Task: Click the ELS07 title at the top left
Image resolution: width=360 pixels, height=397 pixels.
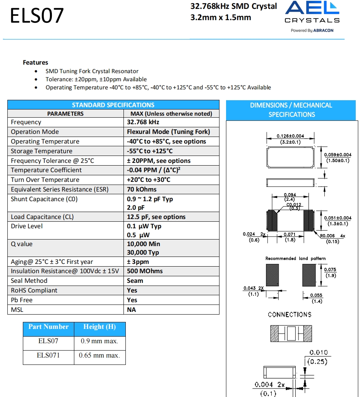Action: click(37, 16)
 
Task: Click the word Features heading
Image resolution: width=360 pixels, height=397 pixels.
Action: click(36, 62)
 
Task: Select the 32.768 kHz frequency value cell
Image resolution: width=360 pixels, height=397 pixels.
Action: click(143, 122)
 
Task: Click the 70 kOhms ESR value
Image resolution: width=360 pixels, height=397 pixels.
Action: click(142, 189)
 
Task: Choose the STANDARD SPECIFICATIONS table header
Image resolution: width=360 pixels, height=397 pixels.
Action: click(113, 105)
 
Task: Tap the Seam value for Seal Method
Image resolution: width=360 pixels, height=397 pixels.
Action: click(135, 281)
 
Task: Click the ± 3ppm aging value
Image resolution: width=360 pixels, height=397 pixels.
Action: click(138, 262)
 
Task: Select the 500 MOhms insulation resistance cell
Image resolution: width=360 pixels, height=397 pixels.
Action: click(145, 271)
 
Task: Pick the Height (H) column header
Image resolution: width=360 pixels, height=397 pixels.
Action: click(99, 327)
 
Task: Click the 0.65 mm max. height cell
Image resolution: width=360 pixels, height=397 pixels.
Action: click(99, 355)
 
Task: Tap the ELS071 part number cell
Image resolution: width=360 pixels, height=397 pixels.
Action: click(48, 355)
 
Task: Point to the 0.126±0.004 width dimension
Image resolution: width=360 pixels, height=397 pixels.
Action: click(290, 136)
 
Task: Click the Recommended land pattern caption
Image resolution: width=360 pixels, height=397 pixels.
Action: click(295, 258)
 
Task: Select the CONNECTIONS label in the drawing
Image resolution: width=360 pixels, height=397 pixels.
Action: click(290, 315)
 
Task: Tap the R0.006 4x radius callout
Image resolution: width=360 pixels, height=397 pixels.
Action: click(332, 236)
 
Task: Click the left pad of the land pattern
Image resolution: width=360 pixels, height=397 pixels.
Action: click(272, 275)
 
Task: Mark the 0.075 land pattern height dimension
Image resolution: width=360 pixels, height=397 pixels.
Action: click(330, 270)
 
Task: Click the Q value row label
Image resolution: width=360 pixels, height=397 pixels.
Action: click(22, 244)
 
